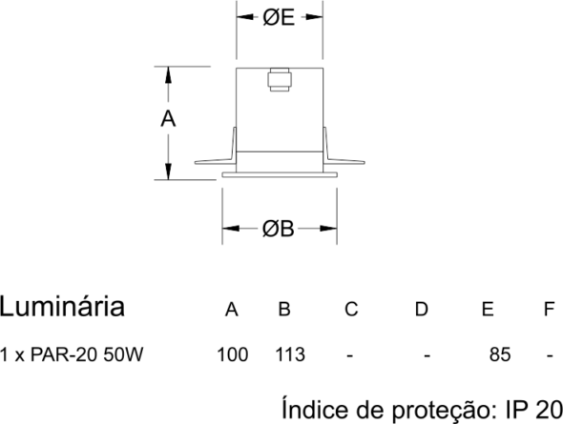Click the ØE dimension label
279,17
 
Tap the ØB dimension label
279,229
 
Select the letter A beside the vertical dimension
168,119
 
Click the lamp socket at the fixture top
280,80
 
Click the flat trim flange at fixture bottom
280,174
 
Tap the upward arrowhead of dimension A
168,75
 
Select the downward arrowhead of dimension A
168,171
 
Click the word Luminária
62,307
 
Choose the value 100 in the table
232,354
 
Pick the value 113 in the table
290,354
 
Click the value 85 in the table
500,354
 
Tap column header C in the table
351,309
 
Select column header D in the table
422,309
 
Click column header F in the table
550,309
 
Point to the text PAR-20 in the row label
64,354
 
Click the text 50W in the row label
123,354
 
